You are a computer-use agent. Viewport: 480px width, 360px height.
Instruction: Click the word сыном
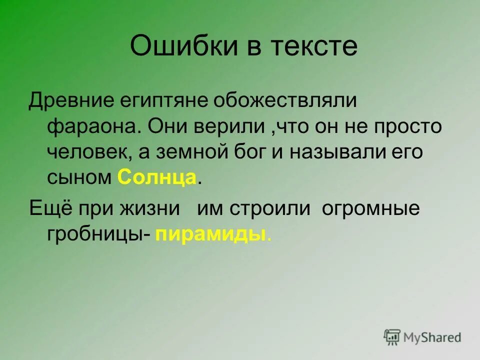click(x=79, y=178)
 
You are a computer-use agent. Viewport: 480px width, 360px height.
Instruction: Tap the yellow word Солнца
click(x=157, y=178)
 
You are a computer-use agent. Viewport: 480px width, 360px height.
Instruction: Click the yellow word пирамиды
click(x=210, y=234)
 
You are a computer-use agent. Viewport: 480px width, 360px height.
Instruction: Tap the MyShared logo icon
click(x=392, y=337)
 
